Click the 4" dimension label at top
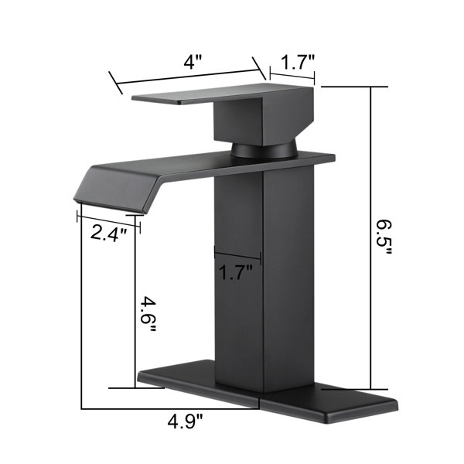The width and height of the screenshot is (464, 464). [x=193, y=63]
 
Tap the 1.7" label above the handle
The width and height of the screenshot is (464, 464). [x=297, y=63]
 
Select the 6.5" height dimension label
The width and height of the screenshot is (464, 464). [x=384, y=237]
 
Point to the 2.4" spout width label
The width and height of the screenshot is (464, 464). [x=108, y=233]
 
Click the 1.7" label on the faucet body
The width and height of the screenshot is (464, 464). [x=236, y=272]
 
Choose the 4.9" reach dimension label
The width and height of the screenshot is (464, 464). [x=186, y=421]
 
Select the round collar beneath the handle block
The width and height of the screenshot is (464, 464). [x=264, y=149]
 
